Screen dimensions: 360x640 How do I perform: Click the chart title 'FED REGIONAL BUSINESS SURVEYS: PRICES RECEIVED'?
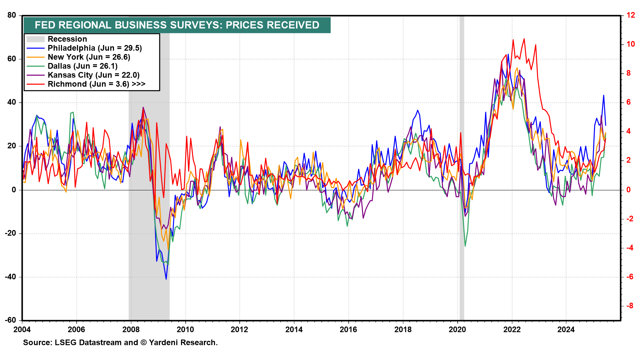177,25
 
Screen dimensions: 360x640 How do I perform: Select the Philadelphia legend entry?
95,48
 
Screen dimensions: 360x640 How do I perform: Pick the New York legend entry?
89,57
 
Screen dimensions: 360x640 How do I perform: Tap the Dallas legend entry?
82,66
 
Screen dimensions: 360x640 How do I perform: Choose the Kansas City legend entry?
93,75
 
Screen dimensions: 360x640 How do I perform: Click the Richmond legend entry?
96,84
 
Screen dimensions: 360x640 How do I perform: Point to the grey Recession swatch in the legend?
35,39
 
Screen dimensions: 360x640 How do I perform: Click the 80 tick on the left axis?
12,15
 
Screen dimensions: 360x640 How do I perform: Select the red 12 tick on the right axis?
630,15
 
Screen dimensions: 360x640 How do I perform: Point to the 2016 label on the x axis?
348,330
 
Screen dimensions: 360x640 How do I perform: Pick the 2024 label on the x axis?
566,330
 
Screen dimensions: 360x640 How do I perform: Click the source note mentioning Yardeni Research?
120,342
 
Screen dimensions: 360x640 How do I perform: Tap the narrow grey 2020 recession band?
462,167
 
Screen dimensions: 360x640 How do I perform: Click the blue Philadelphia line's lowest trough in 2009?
166,279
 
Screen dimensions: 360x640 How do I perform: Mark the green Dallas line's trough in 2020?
465,246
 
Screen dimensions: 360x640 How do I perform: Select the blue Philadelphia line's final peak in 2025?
603,95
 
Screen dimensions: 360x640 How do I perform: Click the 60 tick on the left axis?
12,59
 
